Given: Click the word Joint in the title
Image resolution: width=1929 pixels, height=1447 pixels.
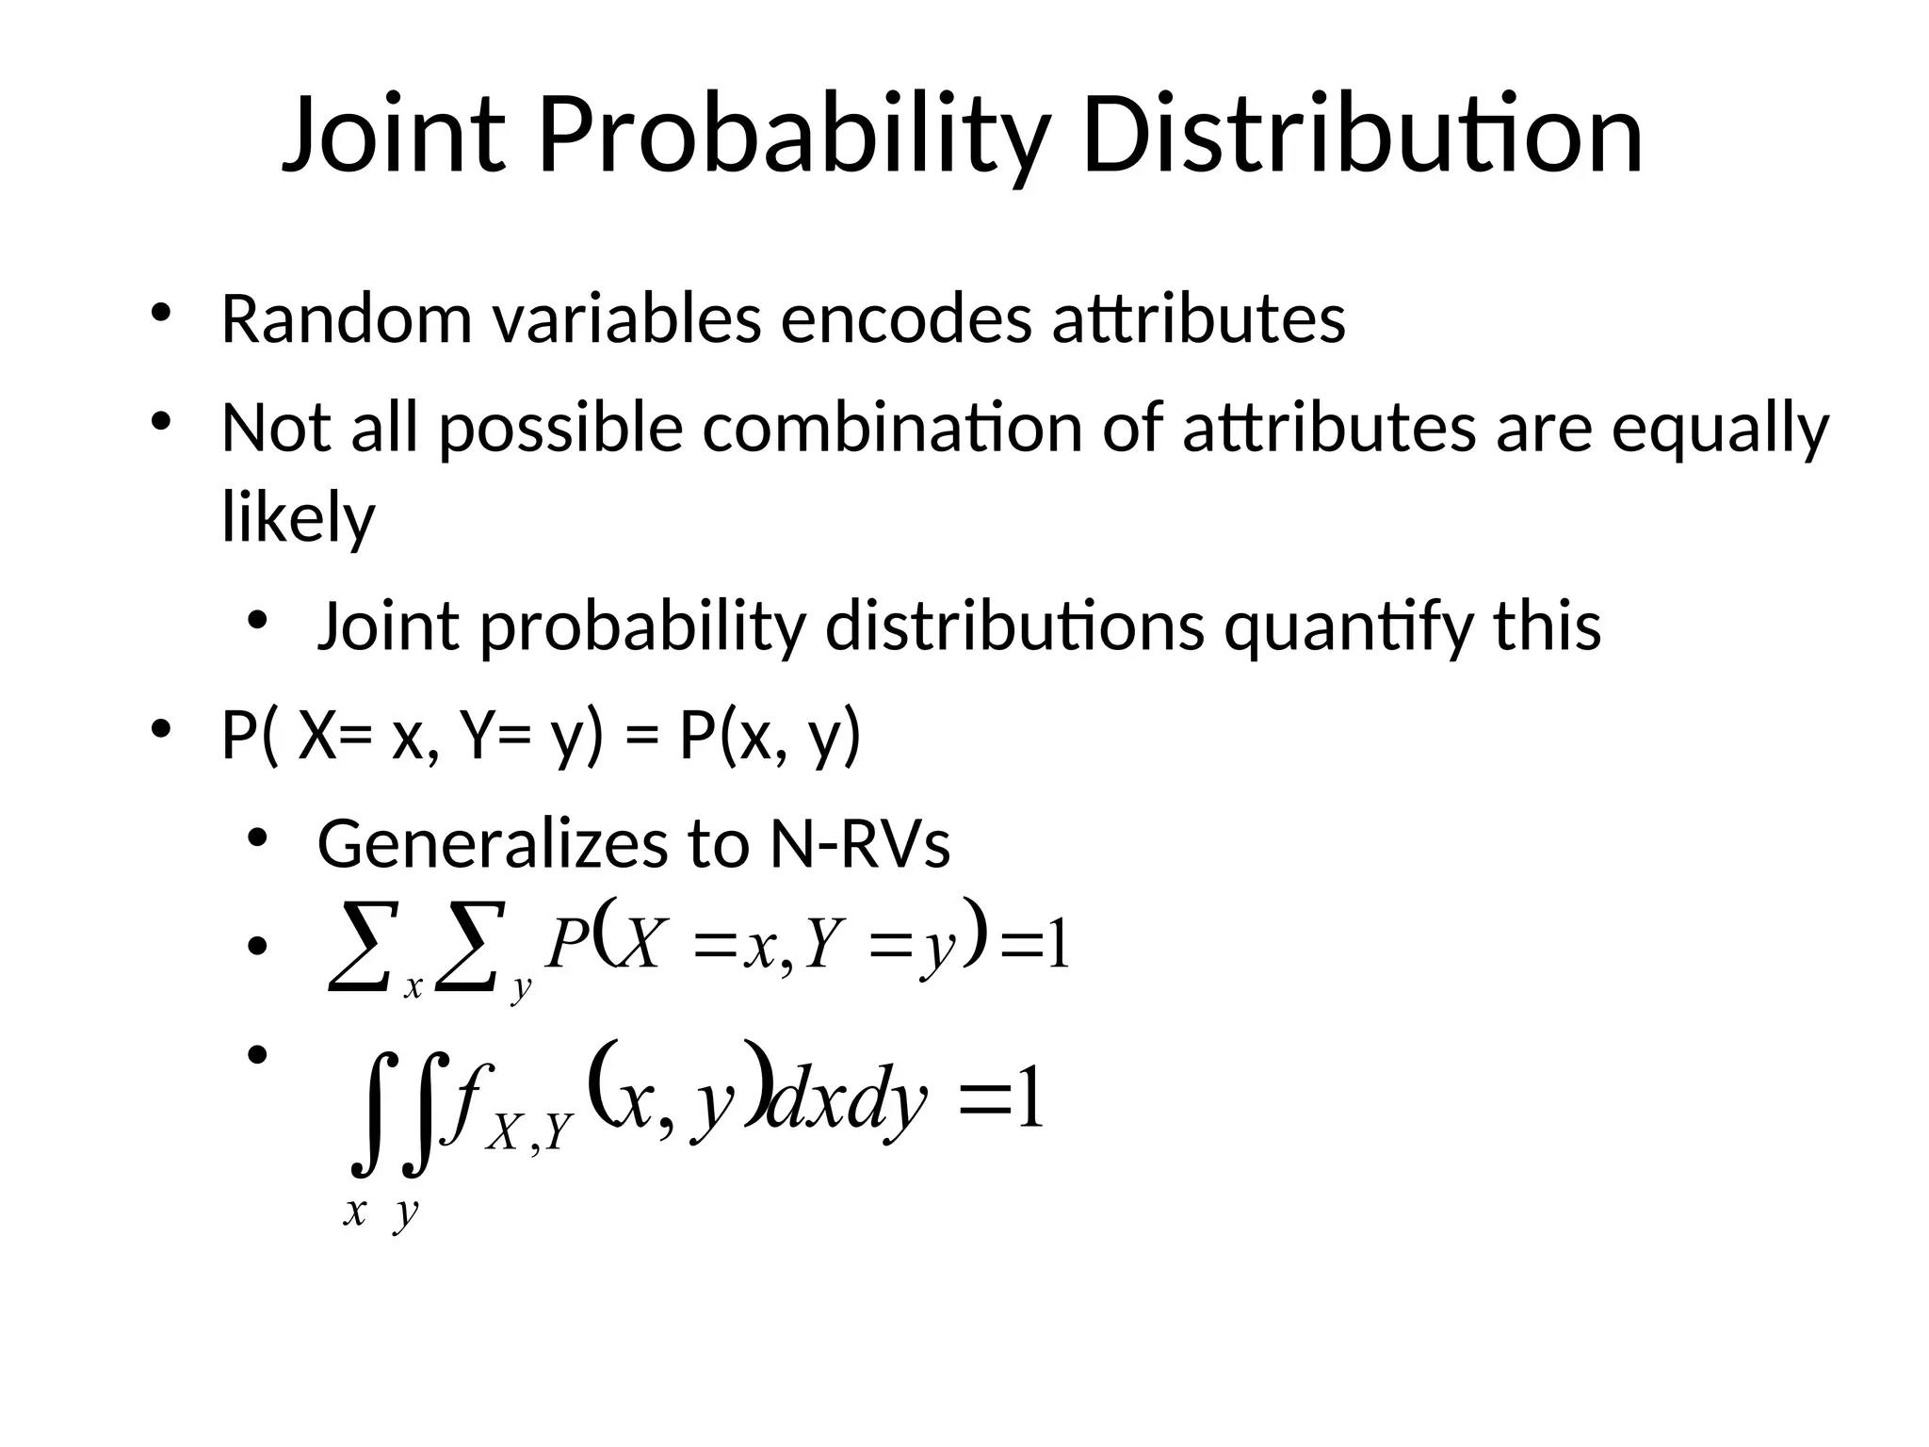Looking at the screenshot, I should (x=394, y=137).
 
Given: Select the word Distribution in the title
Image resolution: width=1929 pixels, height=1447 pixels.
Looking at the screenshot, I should (x=1362, y=137).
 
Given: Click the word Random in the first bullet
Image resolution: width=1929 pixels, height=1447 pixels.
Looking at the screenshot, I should (x=346, y=319).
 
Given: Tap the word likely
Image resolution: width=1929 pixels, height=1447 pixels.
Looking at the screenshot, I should (x=298, y=518).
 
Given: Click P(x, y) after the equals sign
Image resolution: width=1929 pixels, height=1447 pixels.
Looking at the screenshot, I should (x=770, y=737).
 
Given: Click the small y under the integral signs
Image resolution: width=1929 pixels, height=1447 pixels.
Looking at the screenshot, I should (x=406, y=1212).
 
